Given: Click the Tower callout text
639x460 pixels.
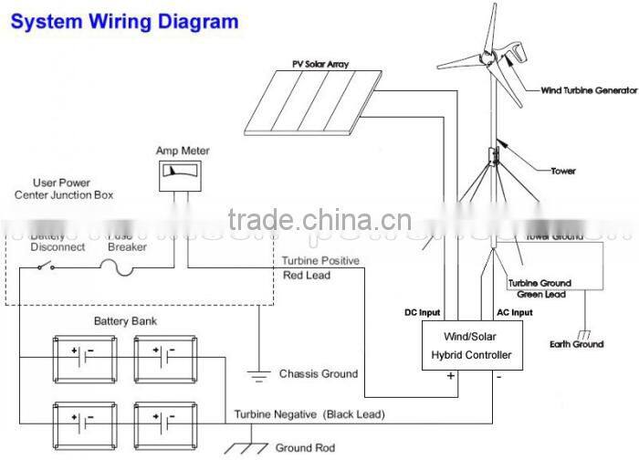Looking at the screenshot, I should (x=563, y=170).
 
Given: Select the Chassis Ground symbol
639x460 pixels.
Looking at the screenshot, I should (x=259, y=372).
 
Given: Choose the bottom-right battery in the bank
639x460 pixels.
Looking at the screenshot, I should (x=162, y=422).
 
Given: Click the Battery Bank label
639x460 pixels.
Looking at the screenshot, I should (x=120, y=321).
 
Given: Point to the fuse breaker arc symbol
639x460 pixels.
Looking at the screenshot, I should (x=117, y=265).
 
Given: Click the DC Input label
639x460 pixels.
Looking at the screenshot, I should (x=423, y=311).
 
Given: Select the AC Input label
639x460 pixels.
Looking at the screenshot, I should (x=514, y=311).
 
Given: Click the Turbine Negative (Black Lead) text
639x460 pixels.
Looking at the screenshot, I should (x=309, y=414).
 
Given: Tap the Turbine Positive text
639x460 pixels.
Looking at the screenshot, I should (x=320, y=260).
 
